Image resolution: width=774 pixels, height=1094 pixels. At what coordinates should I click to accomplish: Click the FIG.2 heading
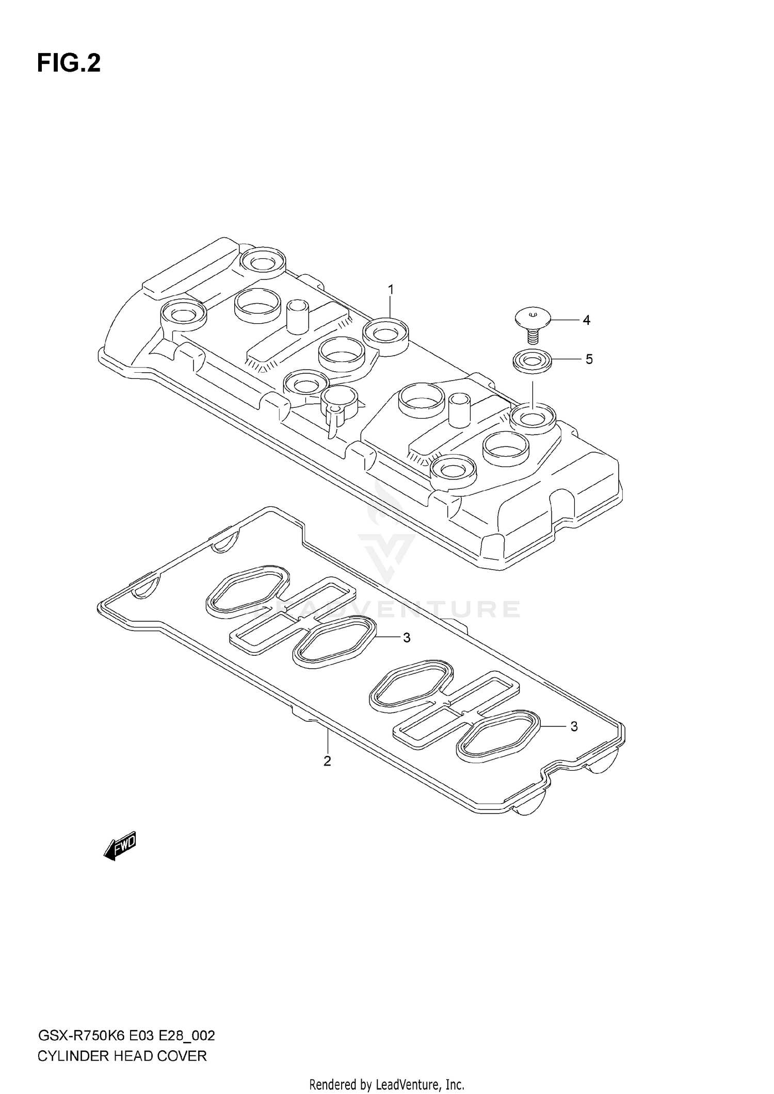(x=69, y=64)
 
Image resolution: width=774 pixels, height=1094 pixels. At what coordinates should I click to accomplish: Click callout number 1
(x=391, y=290)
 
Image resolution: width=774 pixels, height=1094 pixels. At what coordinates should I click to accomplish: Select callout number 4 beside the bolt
(x=586, y=320)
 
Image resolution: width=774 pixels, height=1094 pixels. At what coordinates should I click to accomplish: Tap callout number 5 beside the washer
(x=589, y=359)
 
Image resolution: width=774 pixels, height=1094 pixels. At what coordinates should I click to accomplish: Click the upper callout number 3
(x=407, y=638)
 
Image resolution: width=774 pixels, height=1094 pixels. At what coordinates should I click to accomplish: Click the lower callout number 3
(x=574, y=726)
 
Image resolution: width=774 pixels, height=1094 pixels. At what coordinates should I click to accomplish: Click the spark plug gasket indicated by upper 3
(x=334, y=640)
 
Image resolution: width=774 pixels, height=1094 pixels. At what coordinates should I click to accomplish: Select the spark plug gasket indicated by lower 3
(x=498, y=734)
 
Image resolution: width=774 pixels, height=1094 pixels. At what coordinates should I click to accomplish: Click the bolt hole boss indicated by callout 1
(x=385, y=335)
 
